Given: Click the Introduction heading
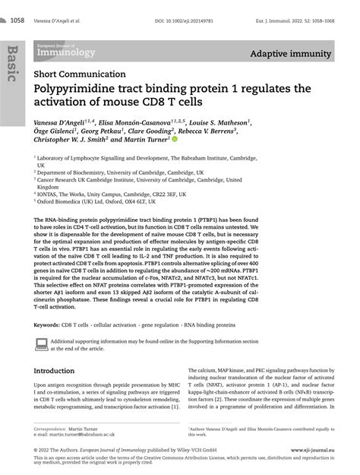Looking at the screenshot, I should pos(59,371).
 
